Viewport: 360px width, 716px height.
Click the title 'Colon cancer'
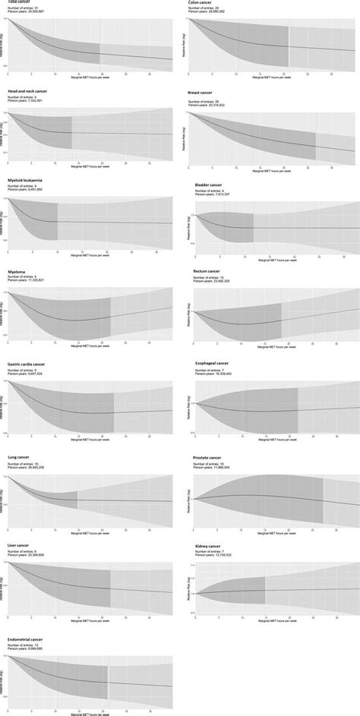[x=202, y=4]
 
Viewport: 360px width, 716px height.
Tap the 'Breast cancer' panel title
[x=204, y=92]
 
